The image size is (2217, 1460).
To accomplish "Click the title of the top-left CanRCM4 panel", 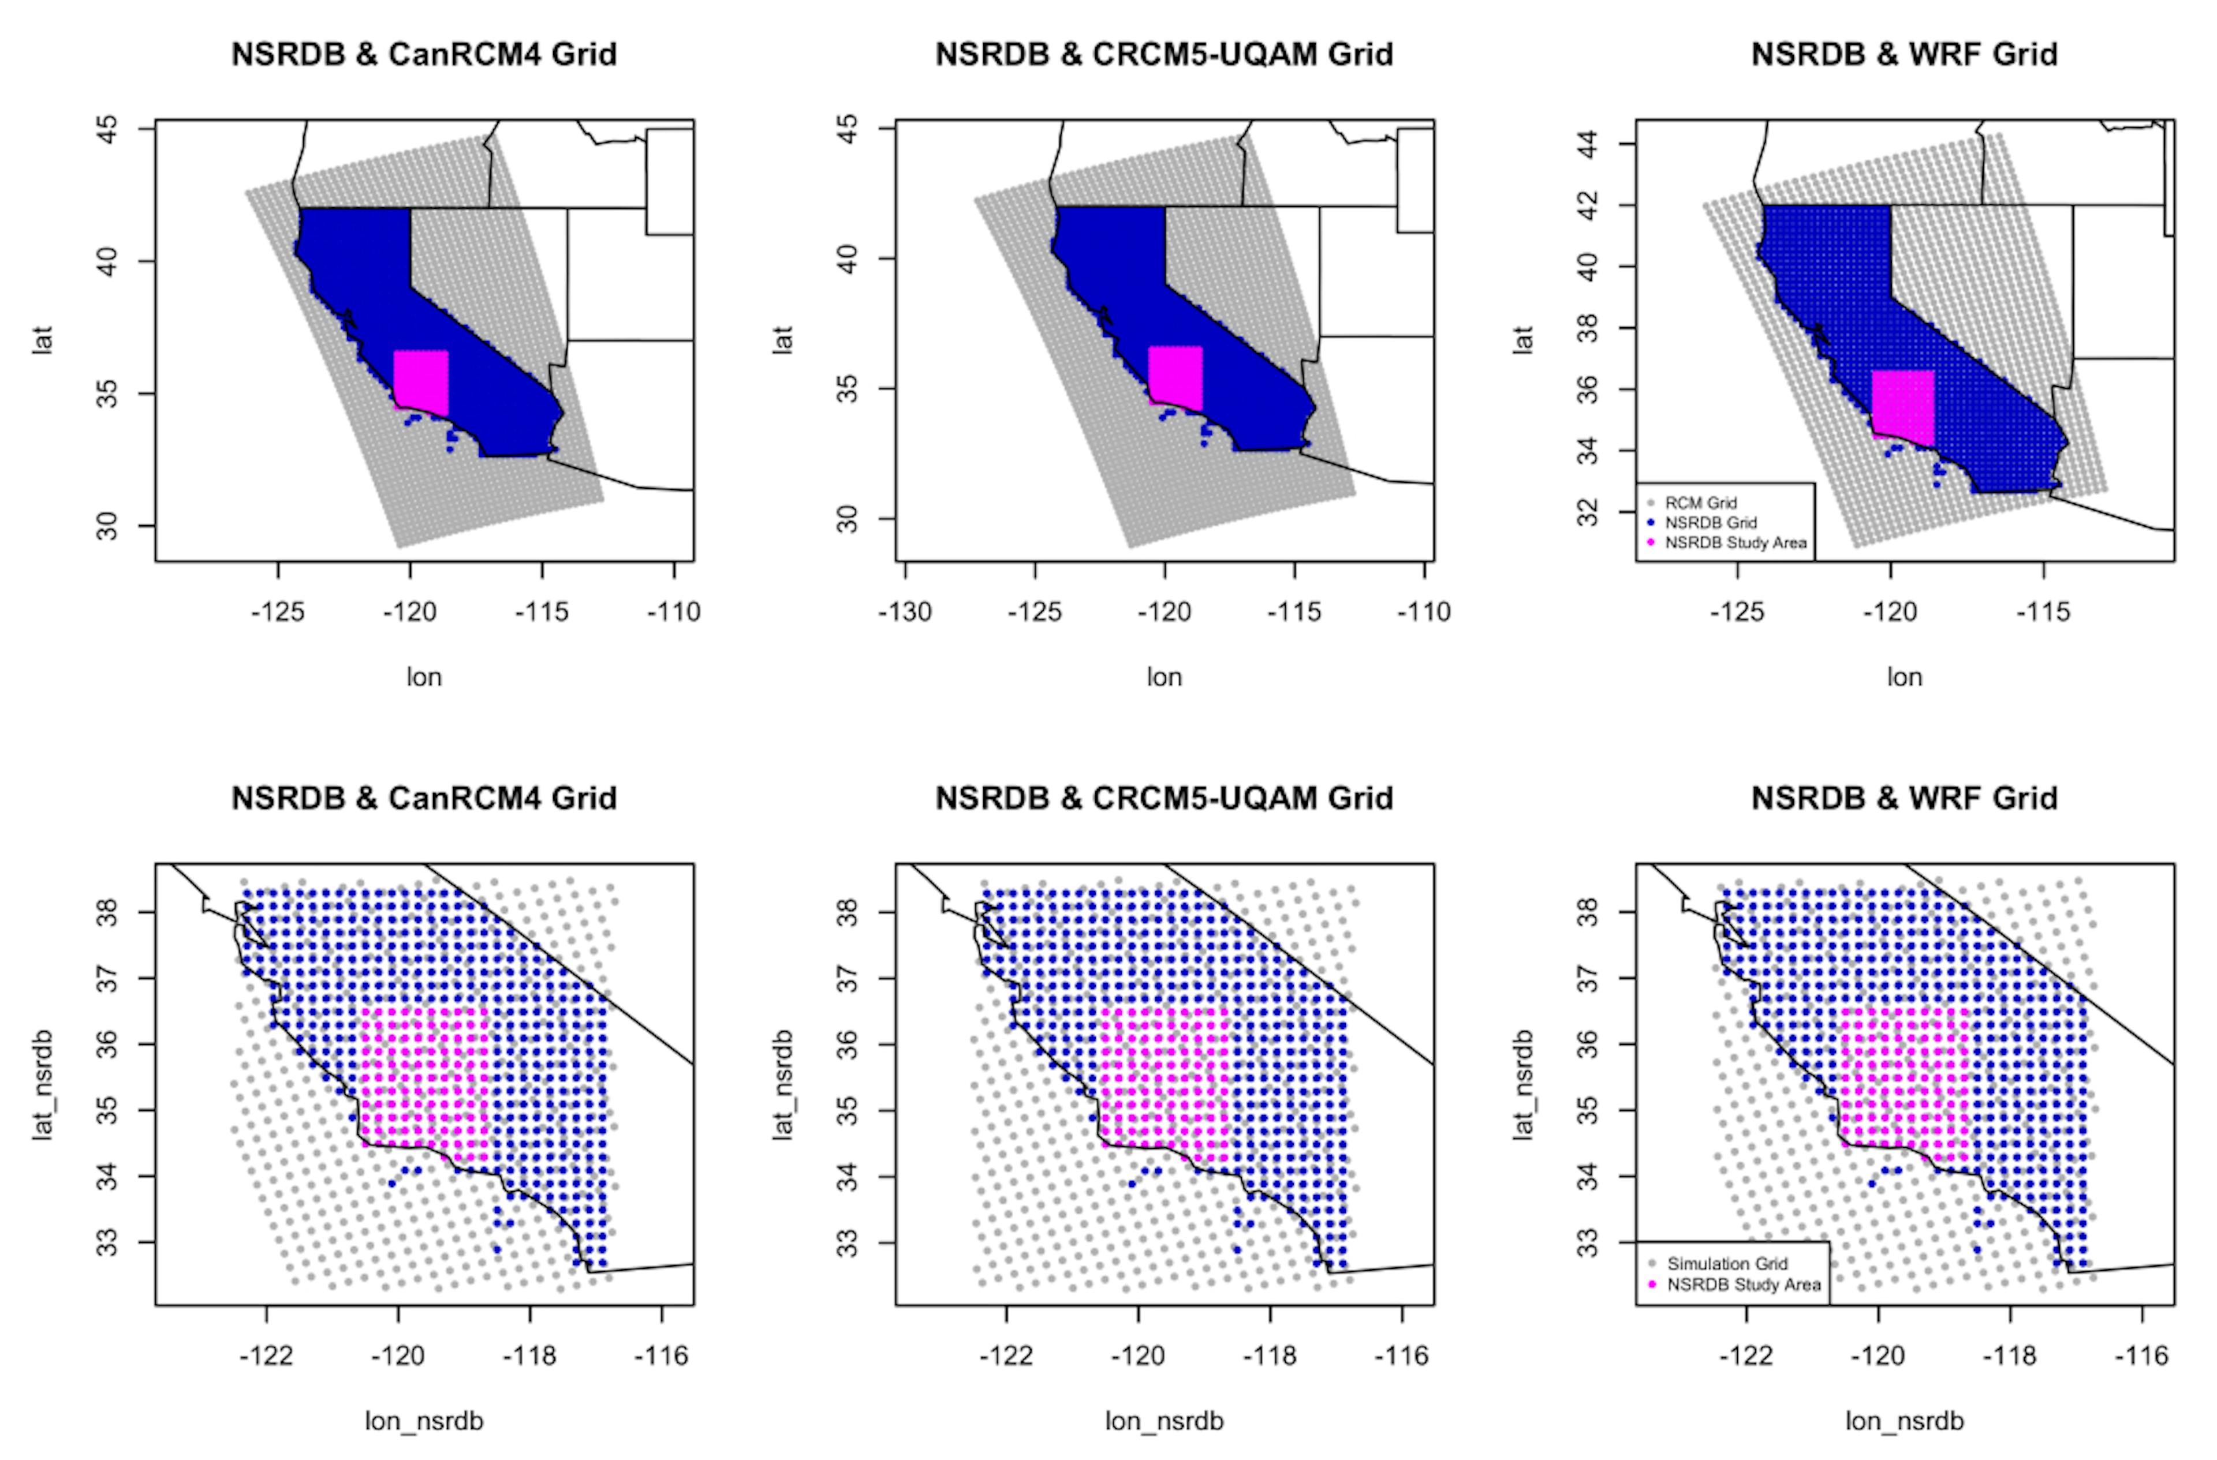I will point(424,54).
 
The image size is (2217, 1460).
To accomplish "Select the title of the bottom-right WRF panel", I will point(1904,798).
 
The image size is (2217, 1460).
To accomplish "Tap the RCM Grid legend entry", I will point(1700,503).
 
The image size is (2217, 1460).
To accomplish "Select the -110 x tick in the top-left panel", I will point(674,612).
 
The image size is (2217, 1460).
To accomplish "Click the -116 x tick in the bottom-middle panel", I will point(1402,1356).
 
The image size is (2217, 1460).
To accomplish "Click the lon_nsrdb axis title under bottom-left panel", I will point(424,1421).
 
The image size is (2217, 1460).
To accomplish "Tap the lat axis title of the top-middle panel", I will point(782,340).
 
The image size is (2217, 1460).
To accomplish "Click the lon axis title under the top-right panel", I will point(1904,677).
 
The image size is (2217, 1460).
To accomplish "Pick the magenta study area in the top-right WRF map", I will point(1903,406).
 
